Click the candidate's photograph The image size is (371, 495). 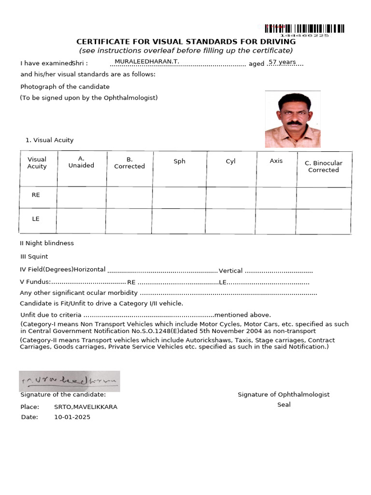tap(293, 119)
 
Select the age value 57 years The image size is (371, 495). tap(282, 62)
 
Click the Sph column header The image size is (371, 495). tap(179, 161)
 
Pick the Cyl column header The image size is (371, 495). tap(230, 161)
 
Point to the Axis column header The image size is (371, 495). tap(276, 161)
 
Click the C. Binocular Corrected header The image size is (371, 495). tap(323, 166)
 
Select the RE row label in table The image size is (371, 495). tap(36, 195)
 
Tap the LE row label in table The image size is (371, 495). tap(36, 219)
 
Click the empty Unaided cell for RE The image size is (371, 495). tap(81, 197)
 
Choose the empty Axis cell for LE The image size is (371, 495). tap(275, 221)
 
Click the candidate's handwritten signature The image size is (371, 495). tap(69, 381)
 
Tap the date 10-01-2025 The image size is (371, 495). tap(72, 417)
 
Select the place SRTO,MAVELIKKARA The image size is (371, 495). tap(86, 407)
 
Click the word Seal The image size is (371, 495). tap(284, 405)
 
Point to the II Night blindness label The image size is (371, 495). tap(47, 243)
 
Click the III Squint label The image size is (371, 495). tap(34, 257)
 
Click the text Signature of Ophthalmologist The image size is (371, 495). tap(284, 394)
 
